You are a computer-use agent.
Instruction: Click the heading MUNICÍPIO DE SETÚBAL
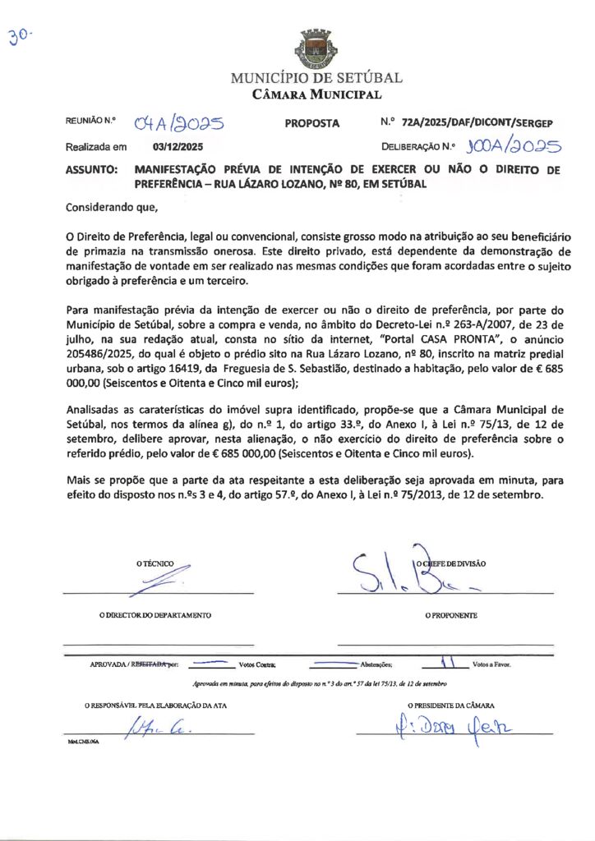(x=316, y=79)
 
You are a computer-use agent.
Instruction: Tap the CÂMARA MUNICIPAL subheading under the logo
(x=316, y=94)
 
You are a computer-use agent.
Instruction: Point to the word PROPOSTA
(x=311, y=123)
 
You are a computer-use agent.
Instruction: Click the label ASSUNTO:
(x=90, y=171)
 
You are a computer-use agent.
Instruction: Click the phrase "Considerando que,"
(x=109, y=208)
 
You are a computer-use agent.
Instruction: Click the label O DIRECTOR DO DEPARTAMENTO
(x=155, y=614)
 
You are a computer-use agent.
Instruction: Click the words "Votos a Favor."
(x=492, y=664)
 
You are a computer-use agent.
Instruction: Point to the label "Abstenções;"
(x=376, y=664)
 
